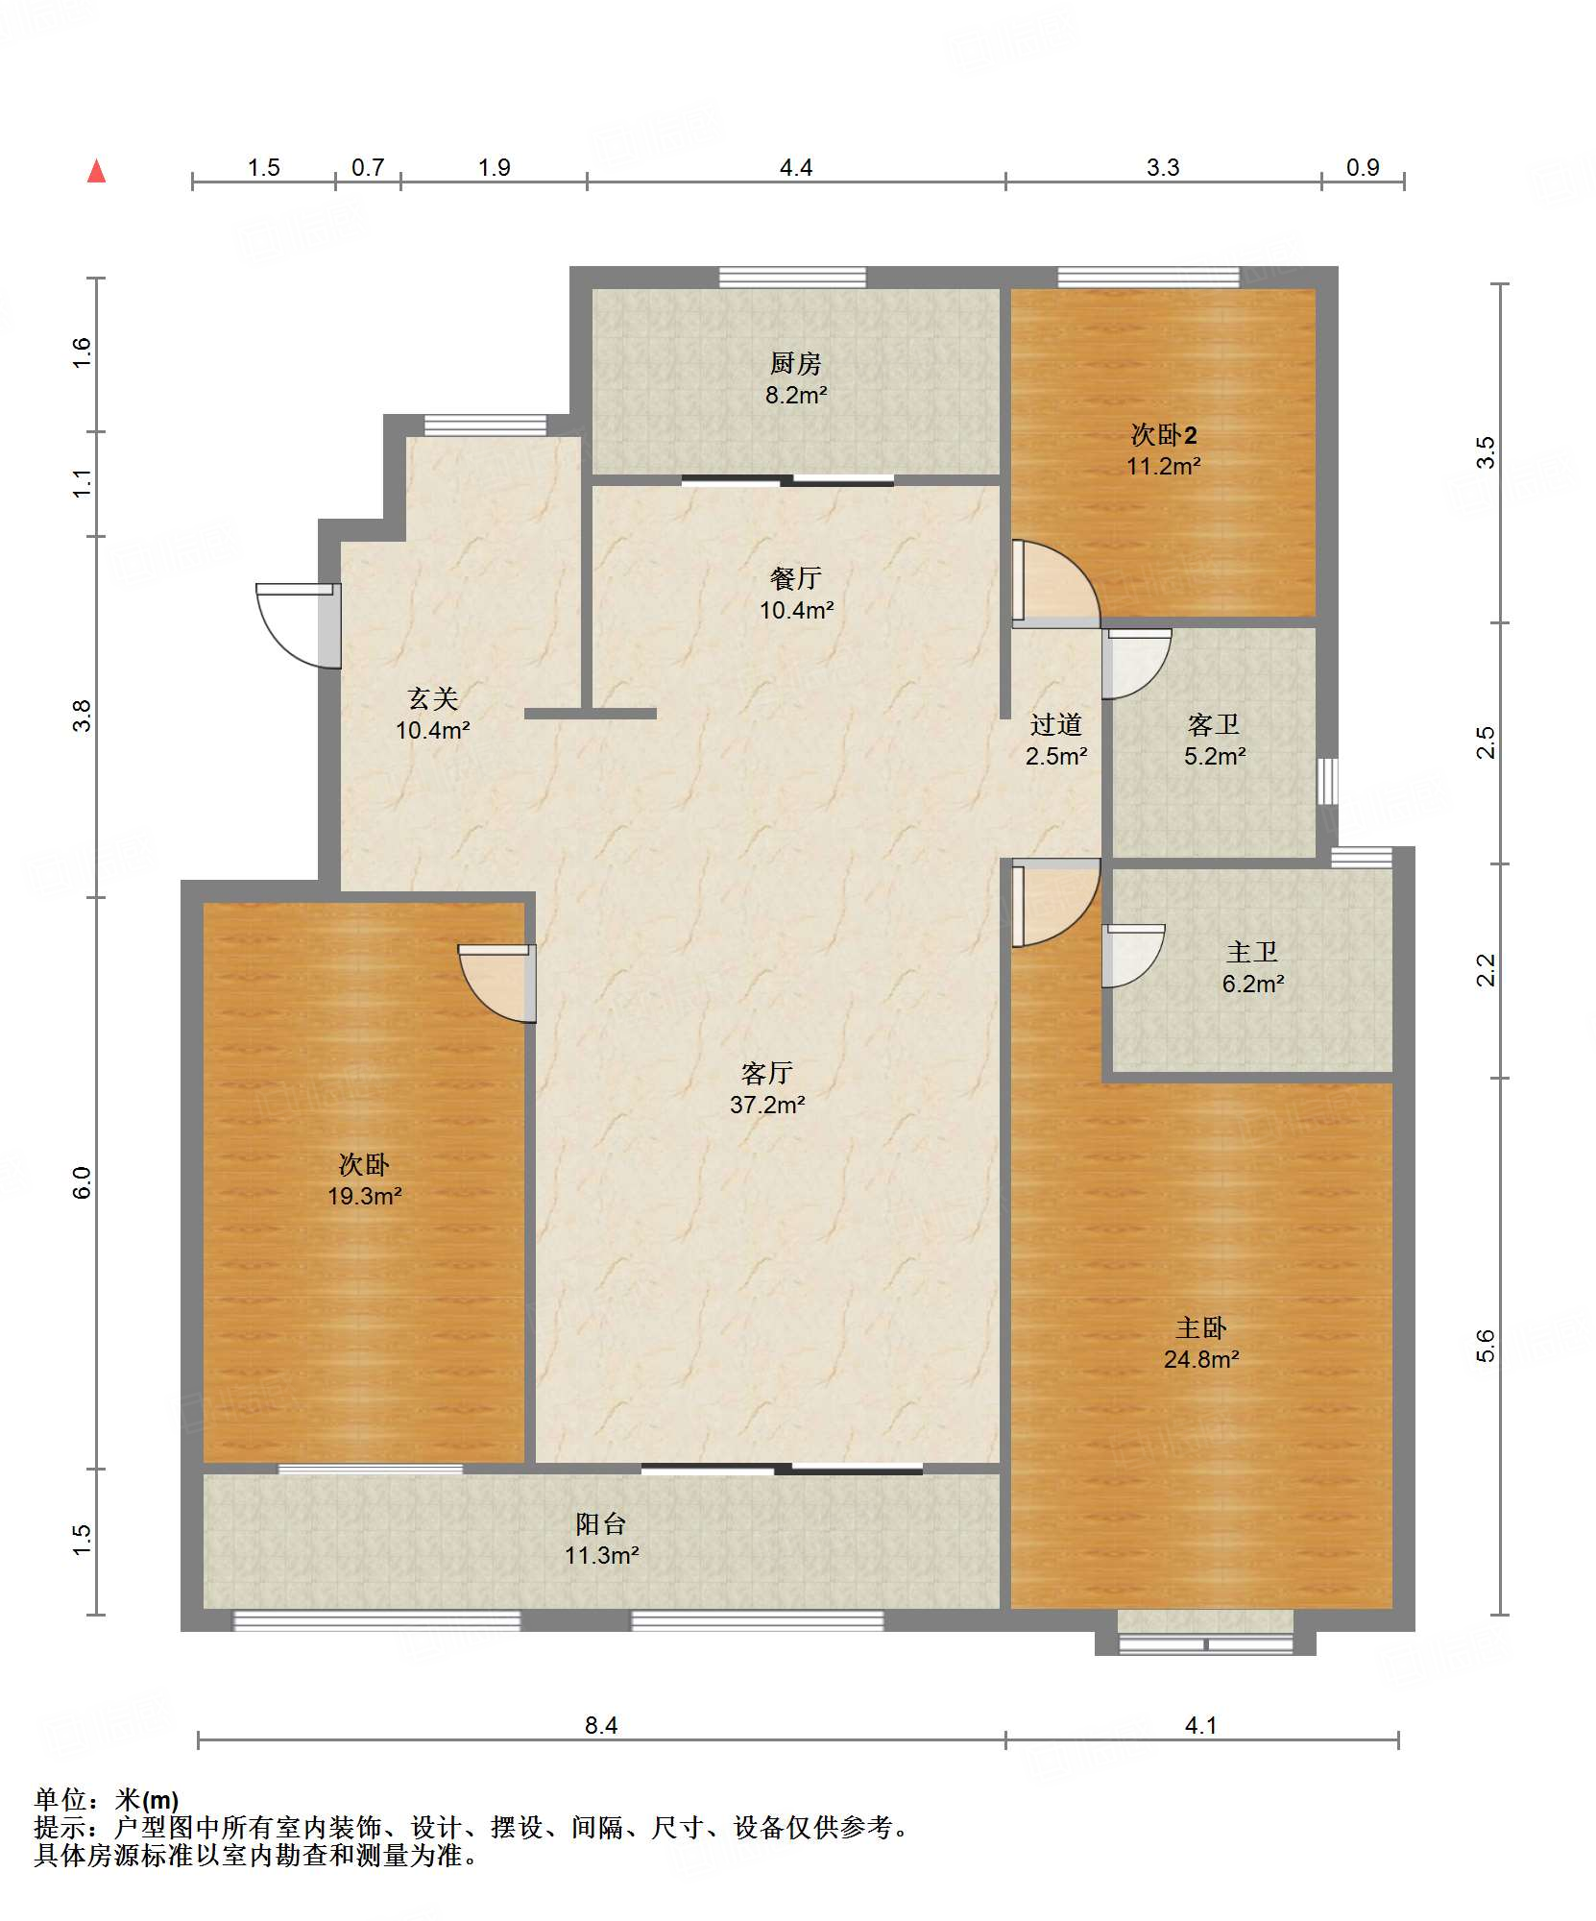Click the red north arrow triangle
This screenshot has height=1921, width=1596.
(96, 171)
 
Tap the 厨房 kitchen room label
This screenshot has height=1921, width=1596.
(796, 363)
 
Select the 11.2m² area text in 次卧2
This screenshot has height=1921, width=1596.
(1164, 466)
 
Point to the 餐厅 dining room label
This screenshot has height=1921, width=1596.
(796, 578)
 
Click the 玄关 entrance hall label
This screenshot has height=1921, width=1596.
(433, 698)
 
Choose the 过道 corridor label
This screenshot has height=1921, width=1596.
(1056, 724)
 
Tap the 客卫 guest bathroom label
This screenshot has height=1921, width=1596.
(1214, 724)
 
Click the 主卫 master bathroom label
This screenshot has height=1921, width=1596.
(1252, 952)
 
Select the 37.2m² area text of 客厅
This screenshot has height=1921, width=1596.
(767, 1105)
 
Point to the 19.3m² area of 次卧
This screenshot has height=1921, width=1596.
(365, 1196)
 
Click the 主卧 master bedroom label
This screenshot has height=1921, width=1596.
(1201, 1328)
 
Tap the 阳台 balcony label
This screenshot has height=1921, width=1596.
(601, 1523)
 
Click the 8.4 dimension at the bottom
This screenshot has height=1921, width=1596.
(601, 1726)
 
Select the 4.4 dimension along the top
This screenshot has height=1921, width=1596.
(796, 168)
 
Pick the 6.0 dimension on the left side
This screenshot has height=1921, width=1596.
(82, 1182)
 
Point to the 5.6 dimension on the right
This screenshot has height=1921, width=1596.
(1486, 1346)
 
